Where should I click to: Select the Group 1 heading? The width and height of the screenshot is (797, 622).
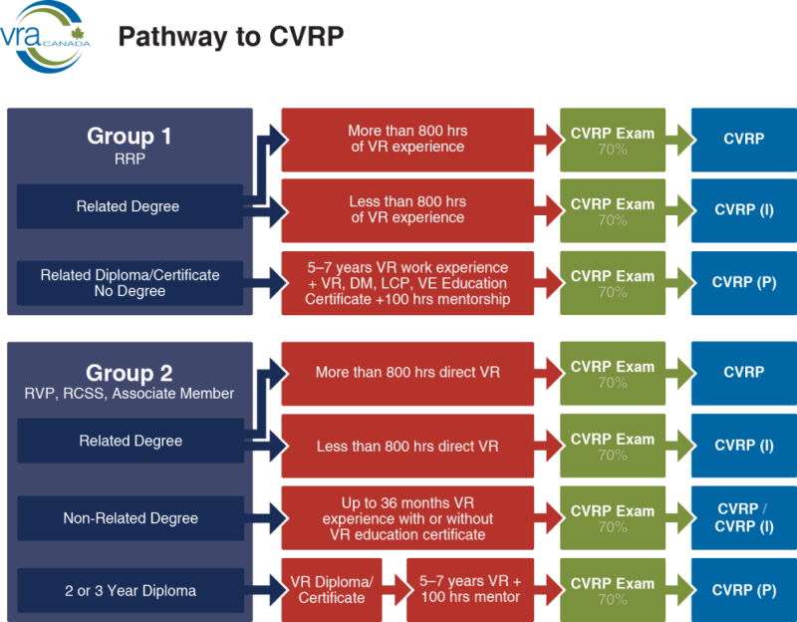pyautogui.click(x=130, y=136)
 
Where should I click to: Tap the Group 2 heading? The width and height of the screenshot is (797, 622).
pyautogui.click(x=130, y=373)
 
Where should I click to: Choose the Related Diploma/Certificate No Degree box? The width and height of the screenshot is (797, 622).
pyautogui.click(x=130, y=283)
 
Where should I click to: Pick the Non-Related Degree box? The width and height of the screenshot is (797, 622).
pyautogui.click(x=130, y=518)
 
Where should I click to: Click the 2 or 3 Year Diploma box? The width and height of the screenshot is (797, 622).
pyautogui.click(x=130, y=590)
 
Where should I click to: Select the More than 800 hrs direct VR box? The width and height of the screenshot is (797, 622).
pyautogui.click(x=406, y=373)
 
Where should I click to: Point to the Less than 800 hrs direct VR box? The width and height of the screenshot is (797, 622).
pyautogui.click(x=406, y=446)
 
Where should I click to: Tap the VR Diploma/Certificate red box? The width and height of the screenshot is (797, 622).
pyautogui.click(x=332, y=590)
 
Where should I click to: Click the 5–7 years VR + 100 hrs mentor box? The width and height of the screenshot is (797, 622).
pyautogui.click(x=469, y=590)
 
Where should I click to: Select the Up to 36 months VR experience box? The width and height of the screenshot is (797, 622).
pyautogui.click(x=406, y=518)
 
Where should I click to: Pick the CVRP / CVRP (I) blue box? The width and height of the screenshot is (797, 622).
pyautogui.click(x=743, y=518)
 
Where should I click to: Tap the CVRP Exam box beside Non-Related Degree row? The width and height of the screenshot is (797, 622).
pyautogui.click(x=612, y=518)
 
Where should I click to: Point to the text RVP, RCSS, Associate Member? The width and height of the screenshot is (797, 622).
pyautogui.click(x=130, y=394)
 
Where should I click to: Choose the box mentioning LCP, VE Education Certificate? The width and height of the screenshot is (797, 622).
pyautogui.click(x=406, y=283)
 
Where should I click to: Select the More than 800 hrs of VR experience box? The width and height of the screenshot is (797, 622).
pyautogui.click(x=406, y=139)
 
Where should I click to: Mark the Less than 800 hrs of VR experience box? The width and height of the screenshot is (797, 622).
pyautogui.click(x=406, y=210)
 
